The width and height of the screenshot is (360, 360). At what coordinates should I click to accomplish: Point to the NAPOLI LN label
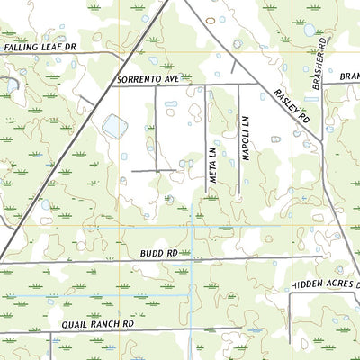point(245,137)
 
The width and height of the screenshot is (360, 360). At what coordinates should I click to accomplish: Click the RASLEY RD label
point(292,106)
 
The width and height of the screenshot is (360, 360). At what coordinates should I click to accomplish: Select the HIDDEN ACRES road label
point(324,284)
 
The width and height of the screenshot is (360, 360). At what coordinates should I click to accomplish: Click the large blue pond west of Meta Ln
point(114,127)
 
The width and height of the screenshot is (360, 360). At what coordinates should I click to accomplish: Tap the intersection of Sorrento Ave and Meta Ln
point(207,85)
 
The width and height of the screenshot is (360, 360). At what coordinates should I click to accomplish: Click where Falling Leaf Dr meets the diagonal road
point(122,55)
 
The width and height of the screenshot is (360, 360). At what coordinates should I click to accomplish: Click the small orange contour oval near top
point(211,19)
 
